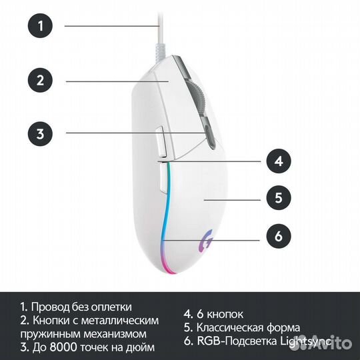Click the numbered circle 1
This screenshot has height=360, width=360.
coord(40,25)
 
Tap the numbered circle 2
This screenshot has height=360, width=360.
coord(40,81)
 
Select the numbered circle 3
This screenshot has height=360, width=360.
coord(40,133)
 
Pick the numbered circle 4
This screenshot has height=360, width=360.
coord(279,161)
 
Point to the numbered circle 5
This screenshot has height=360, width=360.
coord(279,198)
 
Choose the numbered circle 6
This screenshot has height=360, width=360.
coord(279,236)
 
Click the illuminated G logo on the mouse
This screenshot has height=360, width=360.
coord(206,242)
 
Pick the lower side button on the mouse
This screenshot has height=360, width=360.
coord(164,179)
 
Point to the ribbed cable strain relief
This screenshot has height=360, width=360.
coord(159,53)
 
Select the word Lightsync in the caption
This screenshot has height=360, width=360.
coord(305,341)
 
